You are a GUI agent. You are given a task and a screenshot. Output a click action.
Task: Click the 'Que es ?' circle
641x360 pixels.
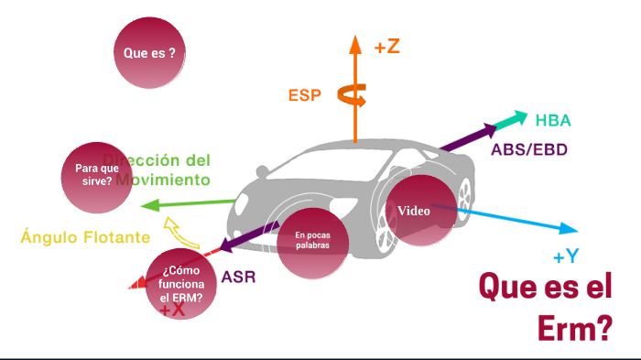[149, 52]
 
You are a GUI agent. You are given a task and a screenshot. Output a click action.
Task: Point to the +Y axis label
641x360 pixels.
[566, 256]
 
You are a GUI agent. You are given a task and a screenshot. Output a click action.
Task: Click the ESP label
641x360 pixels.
[305, 94]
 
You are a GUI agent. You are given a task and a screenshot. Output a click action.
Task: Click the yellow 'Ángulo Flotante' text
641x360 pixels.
[85, 237]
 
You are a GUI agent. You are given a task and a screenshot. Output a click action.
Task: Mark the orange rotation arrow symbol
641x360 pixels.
[353, 93]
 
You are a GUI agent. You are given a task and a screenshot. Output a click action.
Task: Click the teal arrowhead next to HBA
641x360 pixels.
[521, 118]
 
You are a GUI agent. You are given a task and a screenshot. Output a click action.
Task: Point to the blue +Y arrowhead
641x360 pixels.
[570, 229]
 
